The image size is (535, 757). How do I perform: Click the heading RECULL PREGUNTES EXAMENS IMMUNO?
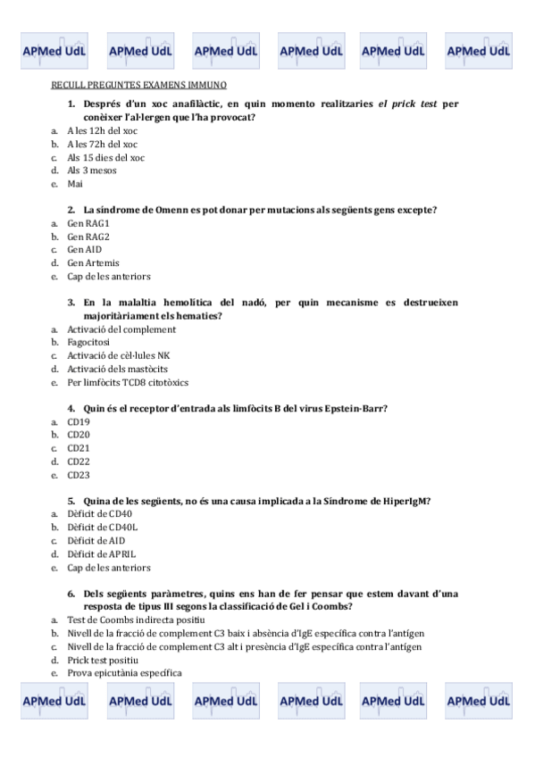[138, 85]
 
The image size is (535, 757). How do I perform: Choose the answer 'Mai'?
[75, 183]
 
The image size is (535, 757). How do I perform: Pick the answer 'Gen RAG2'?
[88, 237]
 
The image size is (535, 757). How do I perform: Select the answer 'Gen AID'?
[85, 250]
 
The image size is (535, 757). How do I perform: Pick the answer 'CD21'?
[79, 448]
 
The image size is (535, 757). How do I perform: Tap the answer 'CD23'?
[79, 475]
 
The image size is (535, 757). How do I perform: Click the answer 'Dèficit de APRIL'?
[102, 554]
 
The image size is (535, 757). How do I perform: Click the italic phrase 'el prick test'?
[408, 104]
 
